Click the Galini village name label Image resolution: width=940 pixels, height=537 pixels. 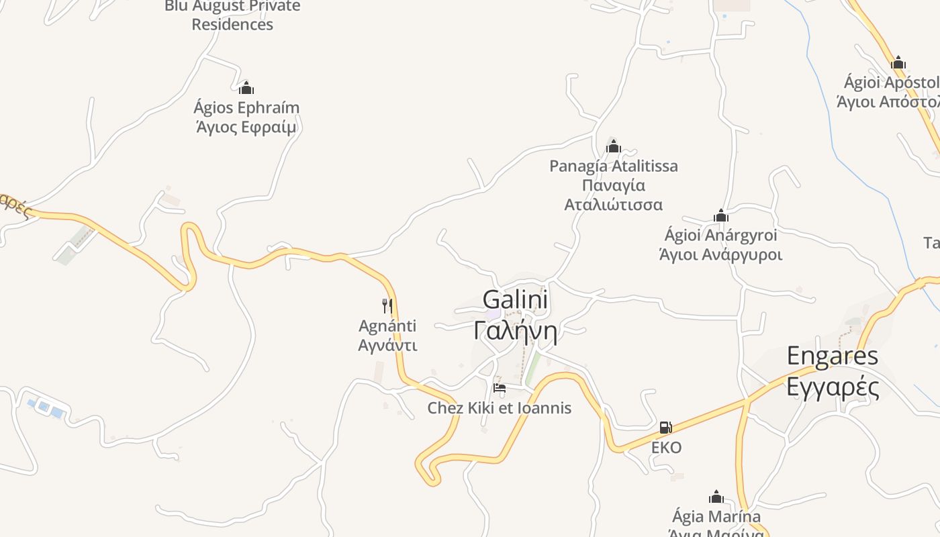pos(515,299)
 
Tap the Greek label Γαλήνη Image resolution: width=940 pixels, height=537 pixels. pos(515,331)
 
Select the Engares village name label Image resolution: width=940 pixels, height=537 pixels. pos(832,356)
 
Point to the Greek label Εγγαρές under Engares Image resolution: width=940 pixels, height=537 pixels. pos(832,387)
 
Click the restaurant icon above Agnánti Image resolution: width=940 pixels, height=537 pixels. pos(387,306)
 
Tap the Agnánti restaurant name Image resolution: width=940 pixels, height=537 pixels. pos(387,326)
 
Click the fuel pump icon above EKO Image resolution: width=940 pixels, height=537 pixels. pos(665,428)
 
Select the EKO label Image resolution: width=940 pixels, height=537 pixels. pos(666,448)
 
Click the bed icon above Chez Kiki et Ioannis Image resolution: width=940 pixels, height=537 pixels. pos(499,387)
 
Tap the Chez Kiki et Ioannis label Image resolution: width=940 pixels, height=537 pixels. pos(499,408)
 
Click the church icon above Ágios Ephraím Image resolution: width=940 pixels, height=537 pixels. pos(246,88)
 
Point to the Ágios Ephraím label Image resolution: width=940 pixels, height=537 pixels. pos(246,107)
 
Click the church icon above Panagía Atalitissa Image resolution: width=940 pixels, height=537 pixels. pos(613,146)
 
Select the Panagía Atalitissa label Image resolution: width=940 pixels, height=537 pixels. pos(613,166)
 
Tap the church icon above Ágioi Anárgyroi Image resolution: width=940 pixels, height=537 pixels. pos(721,216)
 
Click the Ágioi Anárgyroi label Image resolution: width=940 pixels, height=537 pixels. pos(720,236)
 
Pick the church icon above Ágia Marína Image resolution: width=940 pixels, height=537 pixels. pos(716,497)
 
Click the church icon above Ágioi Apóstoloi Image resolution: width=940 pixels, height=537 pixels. pos(898,64)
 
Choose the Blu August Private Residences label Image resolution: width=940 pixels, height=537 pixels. pos(232,15)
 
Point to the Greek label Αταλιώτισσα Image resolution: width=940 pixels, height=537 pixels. pos(613,205)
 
